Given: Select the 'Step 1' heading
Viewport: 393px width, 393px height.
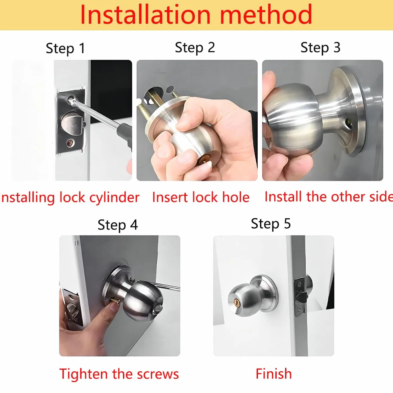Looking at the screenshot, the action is click(65, 48).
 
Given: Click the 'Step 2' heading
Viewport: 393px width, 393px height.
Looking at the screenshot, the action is click(195, 47).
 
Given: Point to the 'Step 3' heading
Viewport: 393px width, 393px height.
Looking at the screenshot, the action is click(320, 47).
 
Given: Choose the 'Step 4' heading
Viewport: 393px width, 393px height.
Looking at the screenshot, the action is click(118, 225).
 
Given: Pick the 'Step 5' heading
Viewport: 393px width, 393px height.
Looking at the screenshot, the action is click(271, 224).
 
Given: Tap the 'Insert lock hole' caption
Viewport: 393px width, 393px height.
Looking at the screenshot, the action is click(201, 197).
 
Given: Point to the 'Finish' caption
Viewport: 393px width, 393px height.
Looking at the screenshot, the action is click(274, 374).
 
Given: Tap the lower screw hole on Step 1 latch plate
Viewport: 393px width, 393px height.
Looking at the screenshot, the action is click(70, 143).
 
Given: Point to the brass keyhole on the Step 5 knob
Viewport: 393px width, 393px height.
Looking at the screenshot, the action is click(237, 302).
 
